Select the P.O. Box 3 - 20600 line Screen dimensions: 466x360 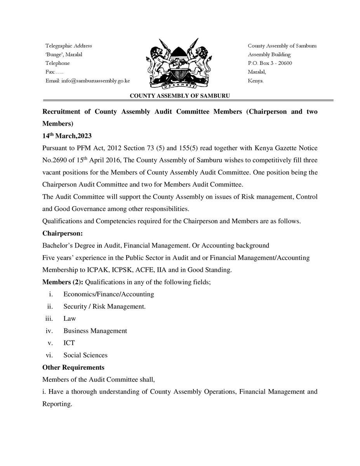(270, 63)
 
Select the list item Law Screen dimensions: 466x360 (70, 318)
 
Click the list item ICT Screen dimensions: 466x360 (69, 343)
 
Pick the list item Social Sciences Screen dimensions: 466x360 (85, 355)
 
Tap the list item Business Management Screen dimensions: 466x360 (95, 331)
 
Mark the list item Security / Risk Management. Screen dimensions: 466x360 (104, 306)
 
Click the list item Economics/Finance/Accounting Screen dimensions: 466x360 (109, 294)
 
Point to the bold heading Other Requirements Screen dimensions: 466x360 (73, 367)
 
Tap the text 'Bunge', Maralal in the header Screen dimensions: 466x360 (64, 55)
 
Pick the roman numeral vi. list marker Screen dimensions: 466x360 (49, 355)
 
